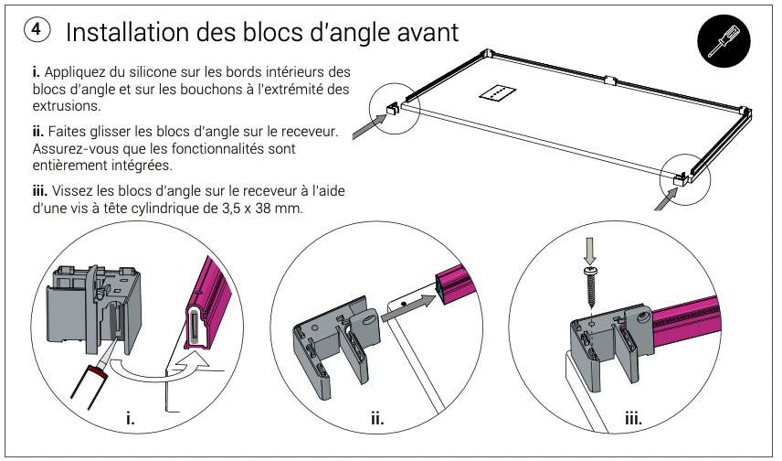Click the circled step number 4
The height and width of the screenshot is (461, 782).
tap(36, 31)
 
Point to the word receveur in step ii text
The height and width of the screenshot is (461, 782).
tap(307, 132)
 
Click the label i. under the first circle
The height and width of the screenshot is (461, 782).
tap(130, 420)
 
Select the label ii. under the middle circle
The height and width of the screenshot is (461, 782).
tap(377, 420)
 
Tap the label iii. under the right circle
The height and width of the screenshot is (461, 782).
tap(632, 420)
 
